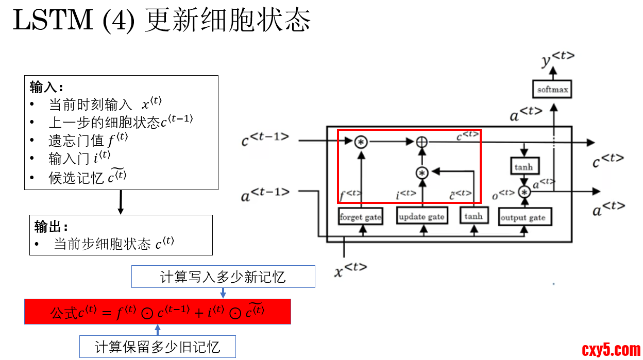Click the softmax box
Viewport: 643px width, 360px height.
[553, 90]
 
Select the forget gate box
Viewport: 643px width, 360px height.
[360, 217]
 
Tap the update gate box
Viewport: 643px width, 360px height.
[421, 217]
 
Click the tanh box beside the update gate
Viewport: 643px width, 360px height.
[473, 216]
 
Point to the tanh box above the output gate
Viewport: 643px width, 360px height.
[523, 167]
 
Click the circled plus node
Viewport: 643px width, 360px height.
[422, 142]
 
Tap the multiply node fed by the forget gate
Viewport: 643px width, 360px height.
[361, 142]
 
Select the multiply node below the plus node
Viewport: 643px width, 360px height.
[422, 173]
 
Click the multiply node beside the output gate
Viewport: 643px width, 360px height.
[524, 192]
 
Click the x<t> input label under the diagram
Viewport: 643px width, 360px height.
[350, 269]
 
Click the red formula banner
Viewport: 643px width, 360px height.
[158, 312]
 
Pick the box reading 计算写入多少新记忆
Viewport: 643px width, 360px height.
[223, 277]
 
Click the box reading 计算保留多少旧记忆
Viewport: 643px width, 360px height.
[158, 347]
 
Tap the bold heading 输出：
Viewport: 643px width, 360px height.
[51, 226]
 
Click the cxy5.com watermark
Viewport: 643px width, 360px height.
[611, 350]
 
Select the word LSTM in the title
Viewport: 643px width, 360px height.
[54, 21]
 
